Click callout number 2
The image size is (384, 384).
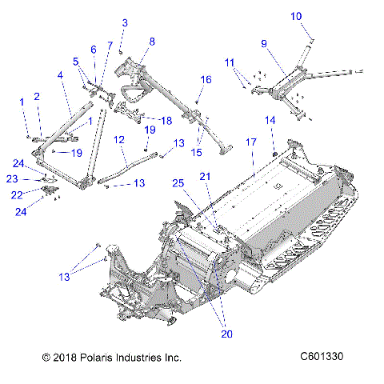click(x=37, y=97)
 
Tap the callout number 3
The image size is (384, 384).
click(x=124, y=22)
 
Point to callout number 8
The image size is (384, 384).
click(x=152, y=41)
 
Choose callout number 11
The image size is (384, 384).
click(x=229, y=62)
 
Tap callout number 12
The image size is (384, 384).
click(x=118, y=139)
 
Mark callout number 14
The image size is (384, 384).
click(x=270, y=120)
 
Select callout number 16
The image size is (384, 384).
click(x=206, y=80)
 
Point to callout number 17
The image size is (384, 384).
click(x=250, y=142)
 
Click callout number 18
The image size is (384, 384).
click(x=166, y=120)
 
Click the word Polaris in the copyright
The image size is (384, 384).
click(x=89, y=357)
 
